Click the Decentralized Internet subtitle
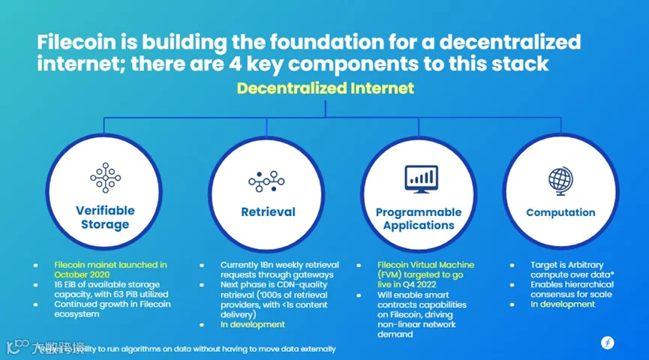[325, 88]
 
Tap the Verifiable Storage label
[105, 217]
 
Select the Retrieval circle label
[268, 212]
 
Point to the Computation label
[560, 213]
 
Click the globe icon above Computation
[560, 181]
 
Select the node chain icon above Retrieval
[268, 181]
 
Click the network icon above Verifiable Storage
[105, 178]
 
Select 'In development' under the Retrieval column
[253, 325]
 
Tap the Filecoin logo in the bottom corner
[607, 343]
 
